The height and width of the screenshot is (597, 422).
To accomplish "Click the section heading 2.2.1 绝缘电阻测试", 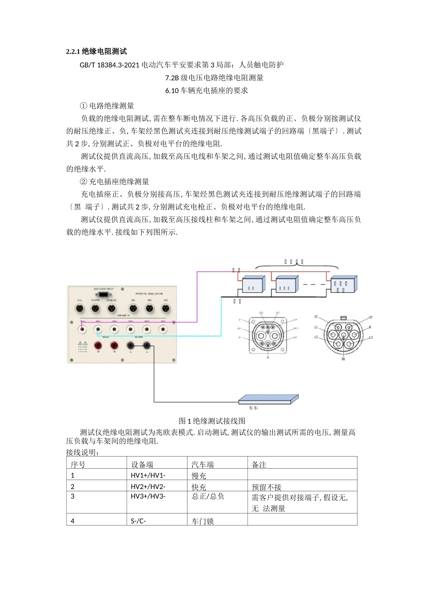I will (x=96, y=52).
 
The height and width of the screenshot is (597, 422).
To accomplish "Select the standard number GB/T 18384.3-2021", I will (x=109, y=65).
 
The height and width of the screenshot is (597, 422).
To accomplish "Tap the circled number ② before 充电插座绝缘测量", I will (x=83, y=182).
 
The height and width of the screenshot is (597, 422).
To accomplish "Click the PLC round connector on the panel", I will (x=80, y=308).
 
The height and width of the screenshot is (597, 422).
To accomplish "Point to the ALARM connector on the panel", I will (x=95, y=308).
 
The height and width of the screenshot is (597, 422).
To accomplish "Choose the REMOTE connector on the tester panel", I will (x=111, y=308).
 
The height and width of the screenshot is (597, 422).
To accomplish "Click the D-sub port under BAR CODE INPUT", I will (x=103, y=295).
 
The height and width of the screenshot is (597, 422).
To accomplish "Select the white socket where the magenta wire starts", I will (x=82, y=329).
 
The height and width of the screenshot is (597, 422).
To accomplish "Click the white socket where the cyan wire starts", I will (x=98, y=329).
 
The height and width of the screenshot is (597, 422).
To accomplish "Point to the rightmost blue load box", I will (x=343, y=284).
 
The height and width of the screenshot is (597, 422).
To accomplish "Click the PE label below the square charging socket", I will (x=268, y=357).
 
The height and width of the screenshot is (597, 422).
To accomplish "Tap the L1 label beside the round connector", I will (x=316, y=327).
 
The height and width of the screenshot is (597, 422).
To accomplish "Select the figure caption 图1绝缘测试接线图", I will (x=212, y=421).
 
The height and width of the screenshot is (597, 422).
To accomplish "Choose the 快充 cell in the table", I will (x=199, y=487).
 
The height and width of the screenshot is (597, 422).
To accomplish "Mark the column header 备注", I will (x=259, y=464).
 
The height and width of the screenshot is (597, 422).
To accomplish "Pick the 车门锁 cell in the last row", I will (x=203, y=521).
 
